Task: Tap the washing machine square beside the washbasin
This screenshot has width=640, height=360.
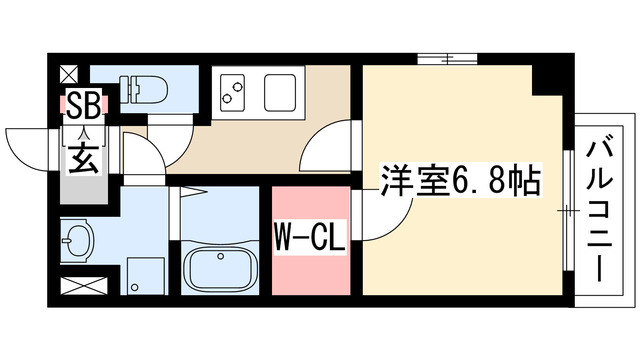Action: (x=146, y=272)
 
